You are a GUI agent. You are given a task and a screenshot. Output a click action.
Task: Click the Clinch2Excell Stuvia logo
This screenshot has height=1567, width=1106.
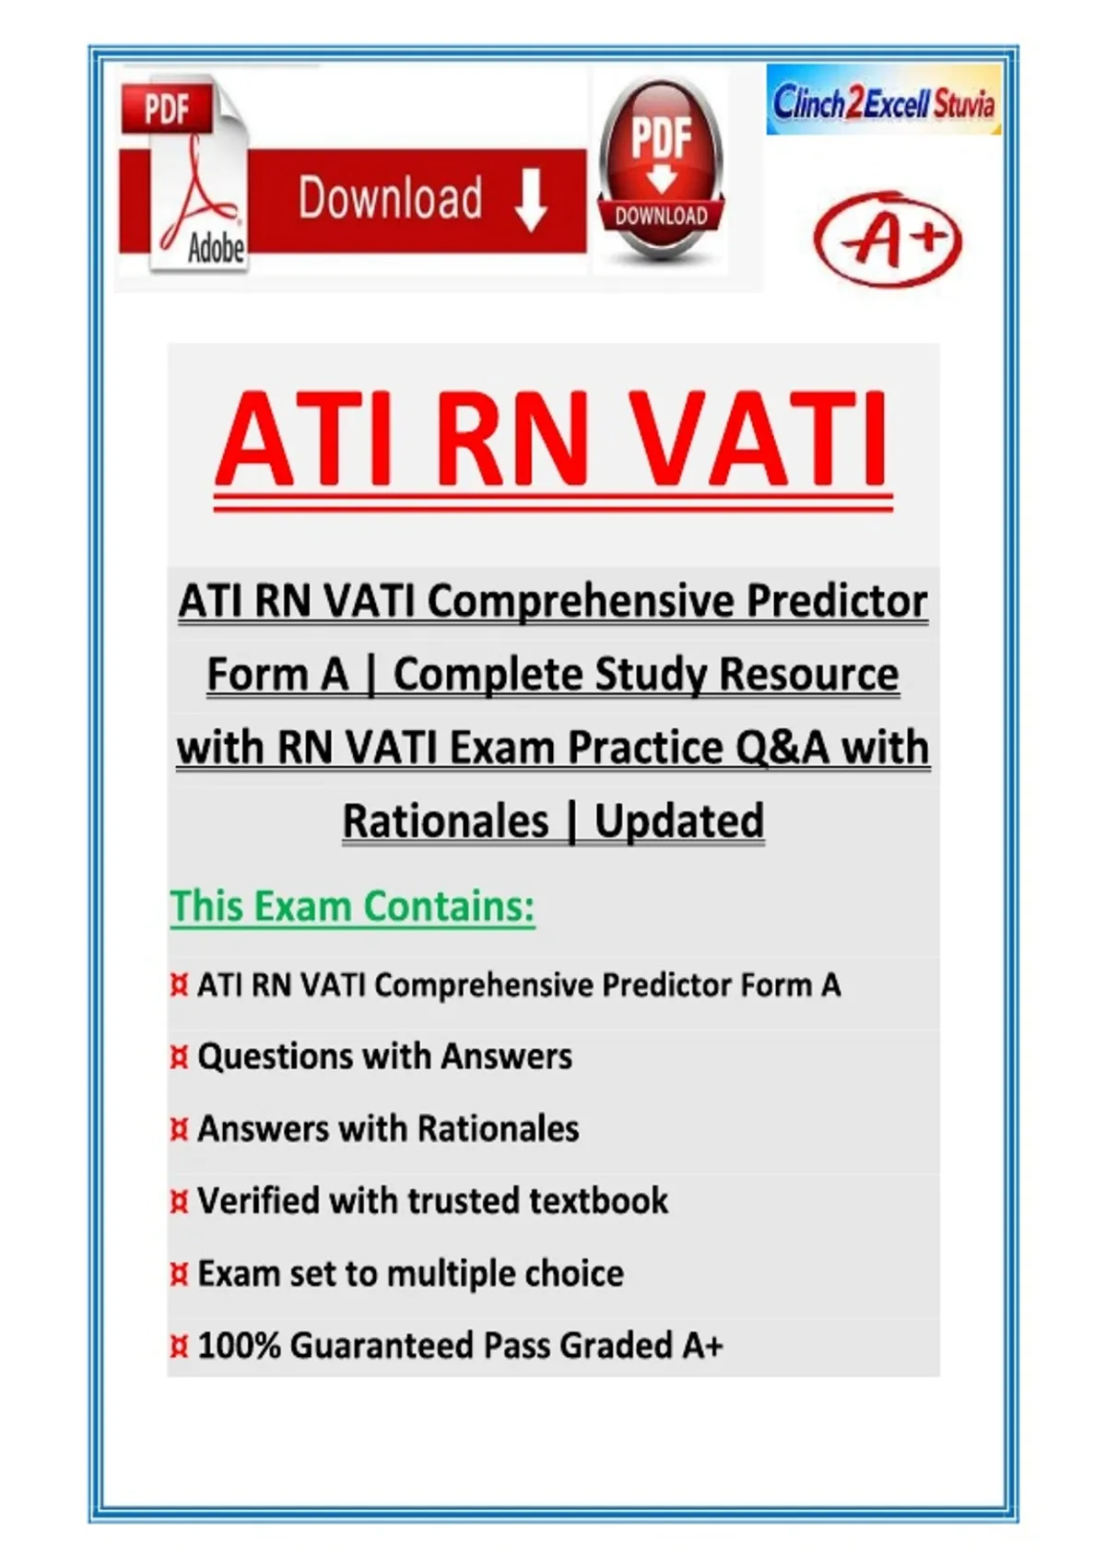(883, 100)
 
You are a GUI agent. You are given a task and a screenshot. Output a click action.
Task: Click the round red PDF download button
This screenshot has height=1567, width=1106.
(660, 170)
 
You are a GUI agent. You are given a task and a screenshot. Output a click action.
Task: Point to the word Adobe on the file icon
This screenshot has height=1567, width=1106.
(217, 248)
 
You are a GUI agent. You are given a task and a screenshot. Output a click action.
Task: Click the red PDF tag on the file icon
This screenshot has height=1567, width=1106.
(167, 109)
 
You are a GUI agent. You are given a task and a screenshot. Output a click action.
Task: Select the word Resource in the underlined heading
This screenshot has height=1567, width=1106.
(808, 674)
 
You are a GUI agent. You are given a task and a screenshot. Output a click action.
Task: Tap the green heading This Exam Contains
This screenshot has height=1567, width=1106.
(353, 906)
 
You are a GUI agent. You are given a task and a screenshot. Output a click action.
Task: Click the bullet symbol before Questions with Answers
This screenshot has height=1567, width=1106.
(179, 1058)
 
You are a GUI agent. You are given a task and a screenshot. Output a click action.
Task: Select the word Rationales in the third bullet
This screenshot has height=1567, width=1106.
(498, 1128)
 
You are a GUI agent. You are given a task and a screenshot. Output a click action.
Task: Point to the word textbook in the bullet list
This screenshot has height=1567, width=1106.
(598, 1200)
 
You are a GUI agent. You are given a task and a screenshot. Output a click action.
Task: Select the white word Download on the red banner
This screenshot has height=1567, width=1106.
(391, 198)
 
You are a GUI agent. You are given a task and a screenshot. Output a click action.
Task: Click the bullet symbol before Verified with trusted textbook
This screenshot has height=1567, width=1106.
(179, 1201)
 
